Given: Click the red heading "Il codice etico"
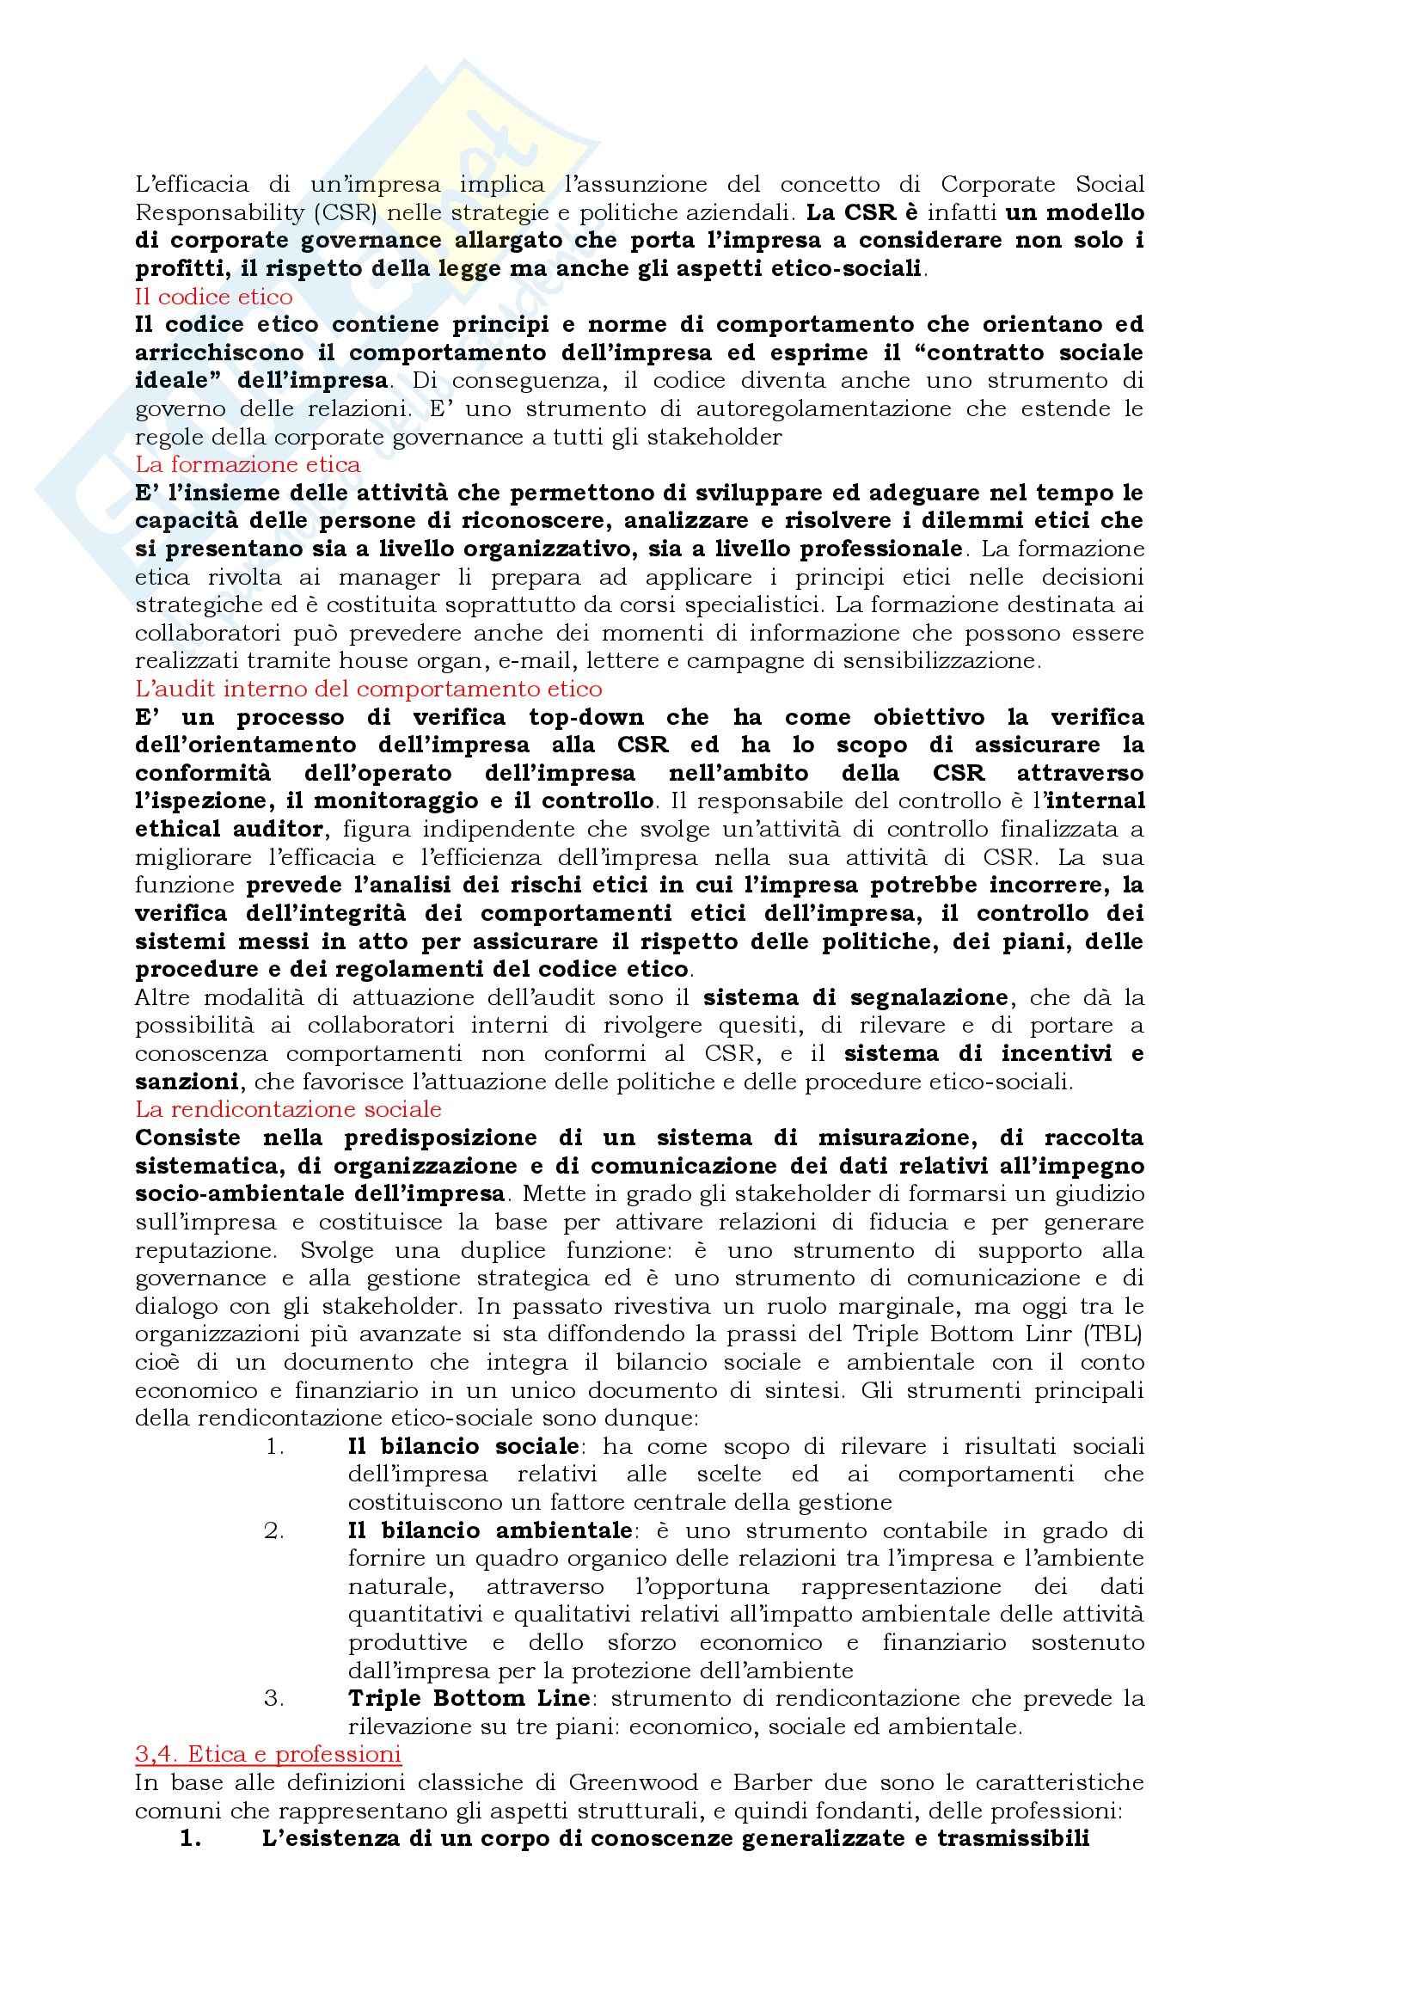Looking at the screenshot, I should coord(214,296).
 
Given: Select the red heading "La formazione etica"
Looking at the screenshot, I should coord(248,464).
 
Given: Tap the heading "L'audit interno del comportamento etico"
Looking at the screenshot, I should coord(369,689).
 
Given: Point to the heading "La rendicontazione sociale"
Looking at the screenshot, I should coord(288,1109).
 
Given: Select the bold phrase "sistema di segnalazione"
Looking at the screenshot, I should coord(855,996).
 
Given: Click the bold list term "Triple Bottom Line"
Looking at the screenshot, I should coord(469,1697).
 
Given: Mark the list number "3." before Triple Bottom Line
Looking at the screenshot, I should coord(275,1697).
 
